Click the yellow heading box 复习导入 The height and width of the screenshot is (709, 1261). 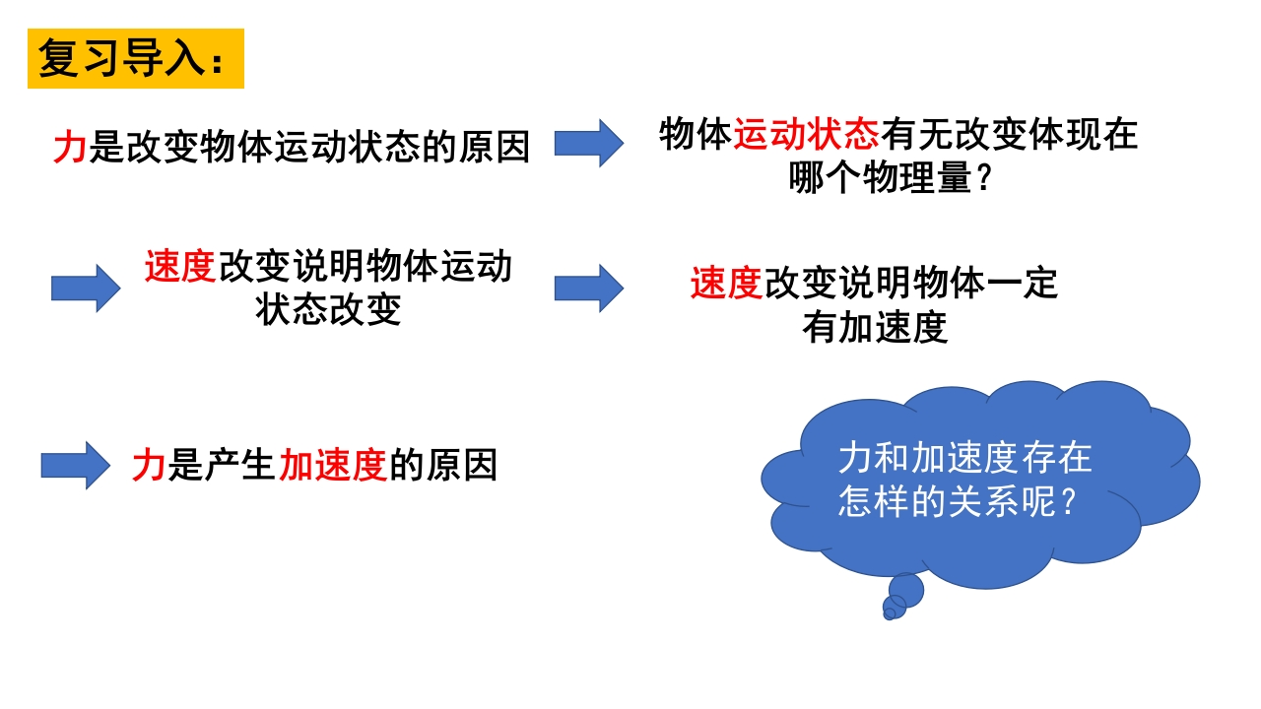pos(135,59)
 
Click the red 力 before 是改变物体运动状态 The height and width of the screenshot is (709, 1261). pos(70,147)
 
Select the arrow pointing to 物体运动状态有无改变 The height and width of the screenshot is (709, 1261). pos(588,144)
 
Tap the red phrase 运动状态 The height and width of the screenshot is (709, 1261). pos(806,134)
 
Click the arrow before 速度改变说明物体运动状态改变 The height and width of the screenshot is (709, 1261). pos(86,289)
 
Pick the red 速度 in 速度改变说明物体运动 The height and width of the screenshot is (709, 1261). pos(180,267)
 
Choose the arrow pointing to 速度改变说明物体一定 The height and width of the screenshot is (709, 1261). pos(588,289)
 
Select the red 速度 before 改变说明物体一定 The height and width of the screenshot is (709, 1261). pos(727,285)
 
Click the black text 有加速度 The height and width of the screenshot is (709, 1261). pos(875,328)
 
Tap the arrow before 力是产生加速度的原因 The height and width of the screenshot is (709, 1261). pos(76,465)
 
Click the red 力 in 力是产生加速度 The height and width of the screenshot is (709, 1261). pos(149,465)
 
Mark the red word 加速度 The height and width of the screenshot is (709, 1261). pos(332,465)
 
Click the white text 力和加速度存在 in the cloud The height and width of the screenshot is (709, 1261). pos(965,458)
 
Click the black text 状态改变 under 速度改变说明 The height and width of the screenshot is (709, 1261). pos(328,310)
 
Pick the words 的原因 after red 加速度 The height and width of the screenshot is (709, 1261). pos(442,465)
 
